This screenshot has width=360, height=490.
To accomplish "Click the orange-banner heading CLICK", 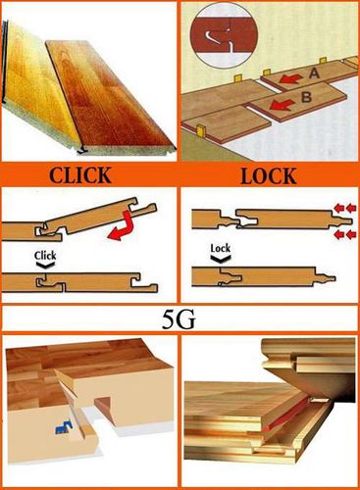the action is click(x=80, y=175).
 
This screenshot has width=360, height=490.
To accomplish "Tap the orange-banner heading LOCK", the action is click(x=269, y=176).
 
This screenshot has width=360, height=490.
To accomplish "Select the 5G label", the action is click(x=179, y=318).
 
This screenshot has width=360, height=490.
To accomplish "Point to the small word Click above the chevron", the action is click(x=45, y=255).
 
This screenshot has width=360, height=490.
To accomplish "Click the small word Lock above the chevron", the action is click(x=221, y=248).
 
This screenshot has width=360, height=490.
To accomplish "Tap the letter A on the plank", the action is click(x=314, y=73).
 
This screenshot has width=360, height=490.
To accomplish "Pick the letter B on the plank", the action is click(x=306, y=97).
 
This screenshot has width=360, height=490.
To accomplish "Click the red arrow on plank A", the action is click(x=291, y=78).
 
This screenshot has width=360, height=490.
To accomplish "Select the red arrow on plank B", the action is click(x=282, y=105).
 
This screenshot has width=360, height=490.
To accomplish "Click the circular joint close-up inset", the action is click(x=224, y=36).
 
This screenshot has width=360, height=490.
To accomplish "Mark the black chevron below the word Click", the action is click(x=45, y=266).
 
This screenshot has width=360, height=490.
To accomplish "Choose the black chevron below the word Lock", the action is click(x=221, y=259).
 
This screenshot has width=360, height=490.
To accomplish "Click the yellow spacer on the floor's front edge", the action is click(x=201, y=129).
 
